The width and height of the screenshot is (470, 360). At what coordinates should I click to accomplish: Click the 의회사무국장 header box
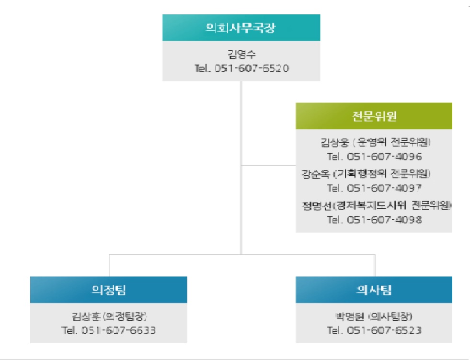click(x=241, y=27)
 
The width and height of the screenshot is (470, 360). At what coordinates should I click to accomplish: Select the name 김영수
click(x=241, y=54)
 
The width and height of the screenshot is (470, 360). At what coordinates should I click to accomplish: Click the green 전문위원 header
click(x=374, y=116)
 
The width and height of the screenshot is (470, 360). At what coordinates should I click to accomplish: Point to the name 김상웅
click(x=334, y=143)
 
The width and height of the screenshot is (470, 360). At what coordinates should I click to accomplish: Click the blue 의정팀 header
click(x=109, y=290)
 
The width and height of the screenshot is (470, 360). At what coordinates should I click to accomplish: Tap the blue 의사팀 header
click(x=374, y=290)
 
